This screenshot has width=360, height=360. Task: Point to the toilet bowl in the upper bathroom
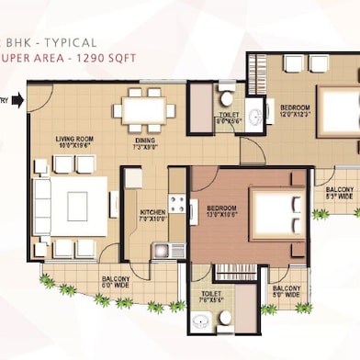225,96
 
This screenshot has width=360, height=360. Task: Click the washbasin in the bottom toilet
200,322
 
